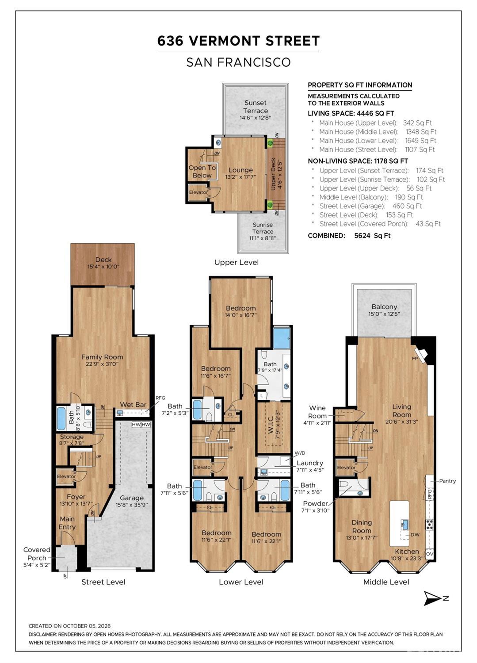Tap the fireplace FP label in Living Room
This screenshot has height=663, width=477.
(415, 358)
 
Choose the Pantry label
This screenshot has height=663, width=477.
(447, 481)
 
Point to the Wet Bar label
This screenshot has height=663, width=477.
(133, 405)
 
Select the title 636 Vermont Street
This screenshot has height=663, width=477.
(239, 41)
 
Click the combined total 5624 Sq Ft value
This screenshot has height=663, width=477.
(372, 236)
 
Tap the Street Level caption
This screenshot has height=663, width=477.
(103, 582)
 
